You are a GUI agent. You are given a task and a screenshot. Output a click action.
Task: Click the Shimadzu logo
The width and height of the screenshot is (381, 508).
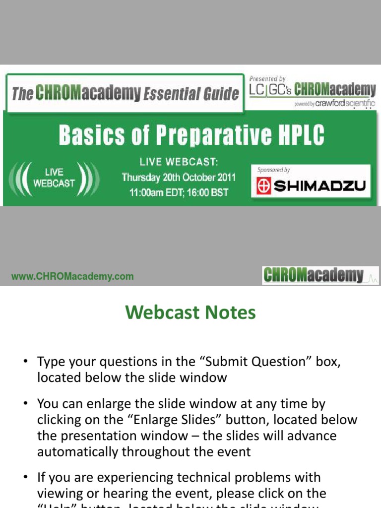pos(311,187)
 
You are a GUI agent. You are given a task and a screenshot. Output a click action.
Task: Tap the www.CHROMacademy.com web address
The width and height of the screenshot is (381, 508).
pos(72,277)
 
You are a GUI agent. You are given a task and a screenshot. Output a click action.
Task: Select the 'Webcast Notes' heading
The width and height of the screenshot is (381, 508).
pos(190,313)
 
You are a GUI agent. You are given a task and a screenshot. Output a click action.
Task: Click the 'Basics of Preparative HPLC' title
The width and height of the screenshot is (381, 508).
pos(190,135)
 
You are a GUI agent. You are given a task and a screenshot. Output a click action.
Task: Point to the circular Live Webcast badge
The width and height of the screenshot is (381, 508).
pos(55,178)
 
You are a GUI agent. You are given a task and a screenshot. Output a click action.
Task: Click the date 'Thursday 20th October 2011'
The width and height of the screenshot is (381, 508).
pos(179,177)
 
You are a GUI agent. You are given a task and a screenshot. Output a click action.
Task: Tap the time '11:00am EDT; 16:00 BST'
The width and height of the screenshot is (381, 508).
pos(179,192)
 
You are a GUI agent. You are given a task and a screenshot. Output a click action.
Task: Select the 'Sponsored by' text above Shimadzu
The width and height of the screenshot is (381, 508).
pos(273,170)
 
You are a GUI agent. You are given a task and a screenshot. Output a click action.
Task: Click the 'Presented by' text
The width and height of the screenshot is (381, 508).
pos(267,78)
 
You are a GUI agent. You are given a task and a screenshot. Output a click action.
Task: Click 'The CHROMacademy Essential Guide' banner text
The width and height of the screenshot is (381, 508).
pos(125,93)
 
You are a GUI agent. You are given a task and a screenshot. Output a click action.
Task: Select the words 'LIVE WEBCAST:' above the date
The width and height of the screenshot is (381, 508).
pos(179,162)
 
